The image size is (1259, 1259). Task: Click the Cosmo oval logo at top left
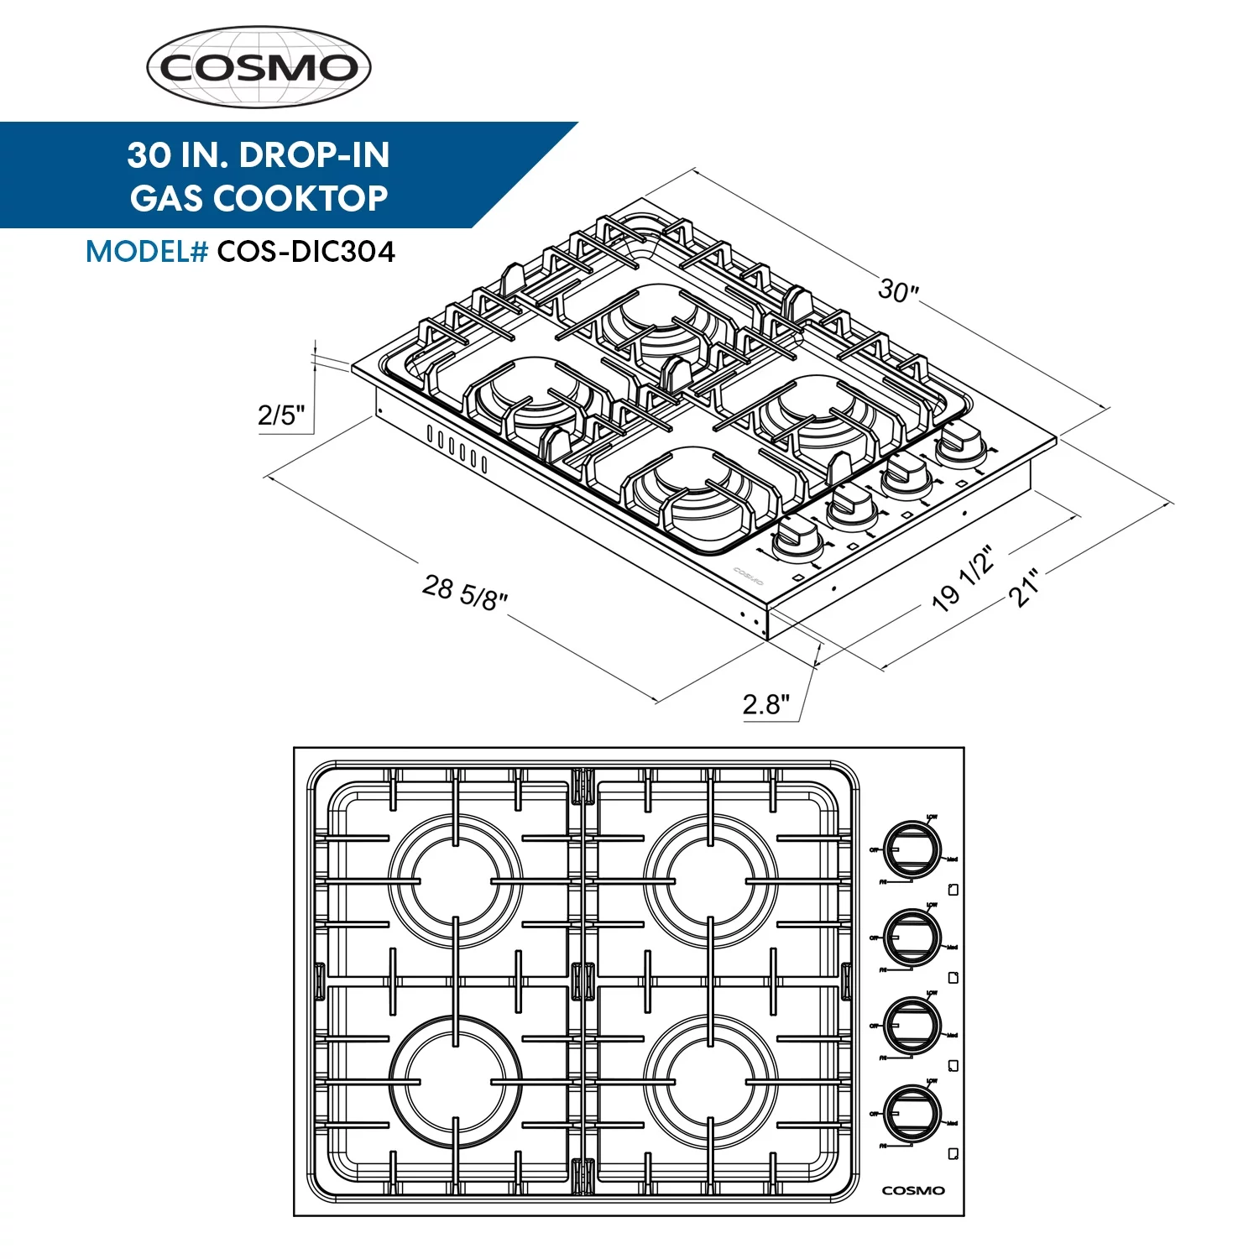[259, 67]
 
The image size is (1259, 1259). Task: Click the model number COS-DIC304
[306, 252]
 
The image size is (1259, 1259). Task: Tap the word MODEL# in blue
[147, 252]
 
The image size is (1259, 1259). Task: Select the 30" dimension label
[898, 290]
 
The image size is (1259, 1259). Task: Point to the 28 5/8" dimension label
[465, 593]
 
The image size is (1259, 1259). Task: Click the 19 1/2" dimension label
[963, 578]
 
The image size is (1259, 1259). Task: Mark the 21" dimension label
[1023, 588]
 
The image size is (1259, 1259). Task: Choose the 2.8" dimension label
[765, 704]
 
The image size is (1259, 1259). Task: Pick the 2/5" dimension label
[281, 415]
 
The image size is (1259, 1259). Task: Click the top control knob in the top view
[912, 849]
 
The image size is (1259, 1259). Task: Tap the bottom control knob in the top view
[912, 1113]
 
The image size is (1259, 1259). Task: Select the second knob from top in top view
[912, 937]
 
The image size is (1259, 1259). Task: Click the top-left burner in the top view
[455, 881]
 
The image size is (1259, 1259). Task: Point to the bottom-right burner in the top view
[710, 1082]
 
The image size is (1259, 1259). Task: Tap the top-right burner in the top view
[710, 881]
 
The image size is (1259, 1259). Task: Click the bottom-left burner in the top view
[455, 1082]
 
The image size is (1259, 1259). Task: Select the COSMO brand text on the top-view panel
[913, 1190]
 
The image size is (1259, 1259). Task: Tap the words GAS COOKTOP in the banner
[259, 199]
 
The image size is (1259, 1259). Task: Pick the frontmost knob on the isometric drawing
[797, 537]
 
